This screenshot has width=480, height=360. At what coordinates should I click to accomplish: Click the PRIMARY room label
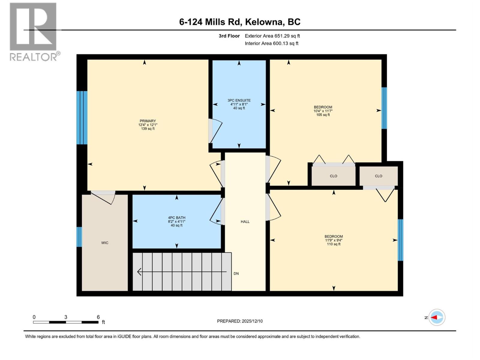148,121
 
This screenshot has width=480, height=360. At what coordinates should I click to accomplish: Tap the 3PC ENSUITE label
239,100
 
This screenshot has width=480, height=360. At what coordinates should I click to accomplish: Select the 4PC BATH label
176,218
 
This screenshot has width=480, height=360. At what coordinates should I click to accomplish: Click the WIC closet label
105,243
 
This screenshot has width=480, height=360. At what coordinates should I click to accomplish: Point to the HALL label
245,222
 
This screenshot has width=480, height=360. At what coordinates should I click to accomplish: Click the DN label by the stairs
236,274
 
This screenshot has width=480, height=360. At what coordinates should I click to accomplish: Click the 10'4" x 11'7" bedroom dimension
323,111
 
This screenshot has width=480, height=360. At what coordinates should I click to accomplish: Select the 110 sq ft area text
334,244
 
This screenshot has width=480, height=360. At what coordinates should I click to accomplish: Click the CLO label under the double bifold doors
334,176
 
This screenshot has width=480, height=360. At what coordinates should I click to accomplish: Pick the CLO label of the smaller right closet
379,176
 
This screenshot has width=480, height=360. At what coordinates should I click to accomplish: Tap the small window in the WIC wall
79,237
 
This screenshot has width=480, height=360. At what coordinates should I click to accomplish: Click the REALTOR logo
34,31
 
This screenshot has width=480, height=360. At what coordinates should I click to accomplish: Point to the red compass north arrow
434,317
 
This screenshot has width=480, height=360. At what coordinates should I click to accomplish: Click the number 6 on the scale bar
98,317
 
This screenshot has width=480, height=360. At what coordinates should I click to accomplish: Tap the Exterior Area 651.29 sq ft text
272,36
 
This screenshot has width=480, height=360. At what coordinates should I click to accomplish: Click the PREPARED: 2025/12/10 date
240,321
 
